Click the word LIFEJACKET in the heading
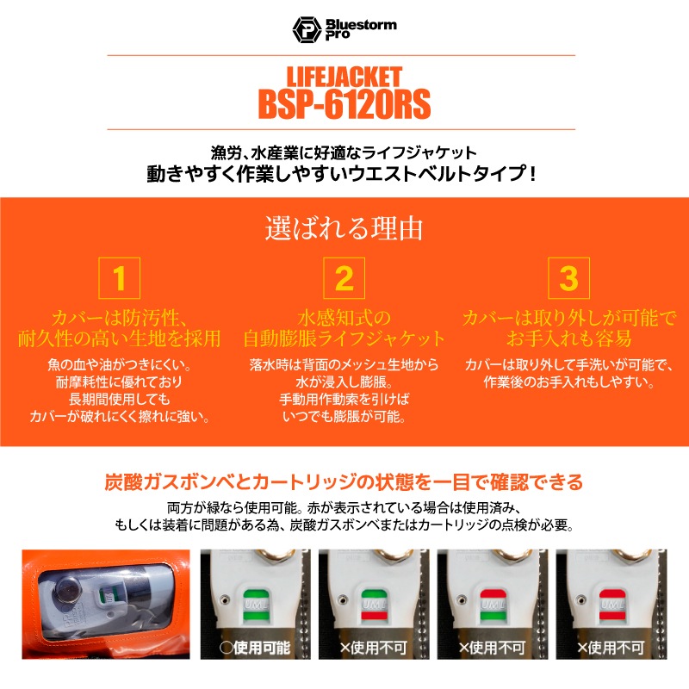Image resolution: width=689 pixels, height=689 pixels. [344, 76]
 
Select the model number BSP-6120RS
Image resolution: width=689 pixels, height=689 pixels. [344, 104]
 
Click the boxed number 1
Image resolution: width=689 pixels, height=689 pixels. [120, 279]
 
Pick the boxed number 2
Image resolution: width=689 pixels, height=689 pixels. [344, 279]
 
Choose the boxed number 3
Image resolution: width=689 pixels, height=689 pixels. [568, 279]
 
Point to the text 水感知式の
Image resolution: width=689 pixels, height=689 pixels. [344, 315]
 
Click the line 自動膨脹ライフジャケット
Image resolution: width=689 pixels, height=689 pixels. [344, 338]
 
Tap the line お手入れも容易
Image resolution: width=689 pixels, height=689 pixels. [568, 338]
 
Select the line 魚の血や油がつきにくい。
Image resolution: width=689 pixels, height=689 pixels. [120, 363]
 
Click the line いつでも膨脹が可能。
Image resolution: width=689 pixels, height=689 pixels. [344, 418]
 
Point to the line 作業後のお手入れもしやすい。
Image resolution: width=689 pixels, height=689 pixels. [568, 382]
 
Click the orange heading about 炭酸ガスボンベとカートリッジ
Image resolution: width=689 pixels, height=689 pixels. [344, 481]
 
